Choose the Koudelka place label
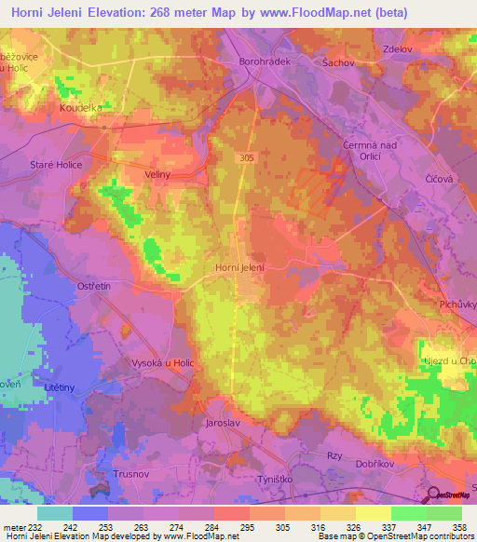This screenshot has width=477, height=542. point(81,108)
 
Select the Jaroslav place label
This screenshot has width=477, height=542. point(225,422)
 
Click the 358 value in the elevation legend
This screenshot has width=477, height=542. point(458,526)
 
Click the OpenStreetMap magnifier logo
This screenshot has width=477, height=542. point(433,495)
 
